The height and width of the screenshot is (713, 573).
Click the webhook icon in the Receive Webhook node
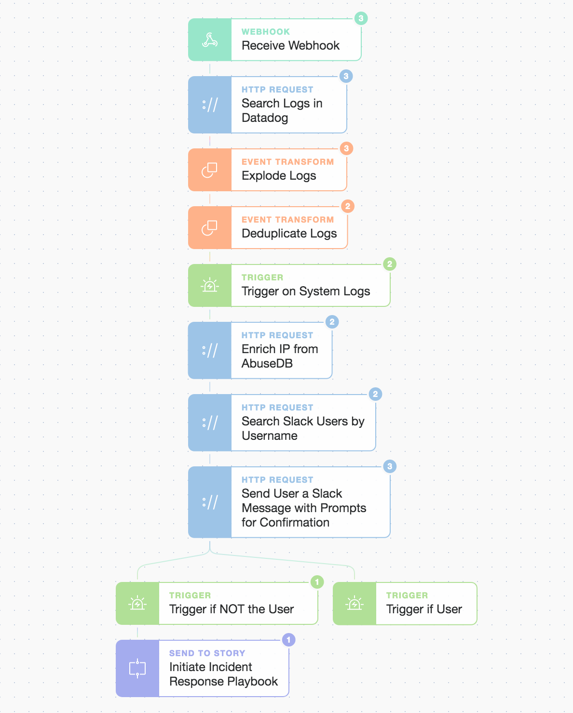point(210,40)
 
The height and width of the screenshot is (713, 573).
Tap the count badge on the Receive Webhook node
point(361,18)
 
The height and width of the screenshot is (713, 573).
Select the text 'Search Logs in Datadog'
point(282,110)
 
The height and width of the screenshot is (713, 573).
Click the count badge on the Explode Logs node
point(346,148)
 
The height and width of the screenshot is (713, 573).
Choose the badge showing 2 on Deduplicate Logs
point(348,206)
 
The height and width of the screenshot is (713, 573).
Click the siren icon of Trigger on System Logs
point(210,285)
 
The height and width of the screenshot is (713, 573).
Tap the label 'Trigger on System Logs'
point(306,291)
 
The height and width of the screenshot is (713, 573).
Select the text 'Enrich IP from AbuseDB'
point(280,356)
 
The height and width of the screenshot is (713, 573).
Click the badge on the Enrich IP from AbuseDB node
point(332,322)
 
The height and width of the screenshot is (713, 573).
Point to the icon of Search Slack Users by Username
point(210,423)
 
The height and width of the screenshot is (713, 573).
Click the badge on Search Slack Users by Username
point(376,394)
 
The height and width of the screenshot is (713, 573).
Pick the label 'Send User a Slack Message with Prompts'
point(303,501)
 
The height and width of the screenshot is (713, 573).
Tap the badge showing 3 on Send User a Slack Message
point(390,466)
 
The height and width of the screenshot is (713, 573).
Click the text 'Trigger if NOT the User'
point(231,609)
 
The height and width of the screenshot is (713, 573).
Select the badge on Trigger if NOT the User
point(317,582)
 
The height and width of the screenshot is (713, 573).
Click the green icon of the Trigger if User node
point(355,603)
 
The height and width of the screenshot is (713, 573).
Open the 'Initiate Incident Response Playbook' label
point(223,674)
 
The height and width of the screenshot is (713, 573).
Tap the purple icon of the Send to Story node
point(137,668)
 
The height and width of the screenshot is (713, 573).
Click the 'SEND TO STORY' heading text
point(207,653)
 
